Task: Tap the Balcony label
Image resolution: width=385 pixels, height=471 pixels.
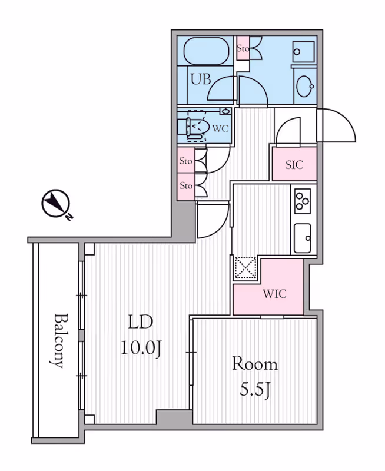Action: tap(57, 341)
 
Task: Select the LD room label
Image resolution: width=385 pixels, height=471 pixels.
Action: tap(141, 322)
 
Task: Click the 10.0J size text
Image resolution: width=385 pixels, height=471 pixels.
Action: tap(141, 349)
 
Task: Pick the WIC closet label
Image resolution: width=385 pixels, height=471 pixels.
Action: tap(274, 293)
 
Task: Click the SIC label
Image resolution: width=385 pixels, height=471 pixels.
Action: tap(294, 165)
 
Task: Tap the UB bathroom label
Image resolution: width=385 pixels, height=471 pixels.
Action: tap(201, 79)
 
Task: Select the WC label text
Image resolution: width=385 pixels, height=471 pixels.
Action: tap(220, 128)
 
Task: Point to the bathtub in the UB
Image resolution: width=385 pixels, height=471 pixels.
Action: tap(206, 51)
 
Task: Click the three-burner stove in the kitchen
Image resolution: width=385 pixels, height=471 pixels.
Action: tap(303, 201)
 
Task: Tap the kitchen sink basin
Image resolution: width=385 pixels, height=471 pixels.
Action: tap(303, 238)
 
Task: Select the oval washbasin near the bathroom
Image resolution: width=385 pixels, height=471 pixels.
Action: tap(305, 85)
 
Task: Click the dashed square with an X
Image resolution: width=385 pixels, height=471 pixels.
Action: tap(245, 268)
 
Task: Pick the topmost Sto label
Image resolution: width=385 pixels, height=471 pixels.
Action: tap(243, 48)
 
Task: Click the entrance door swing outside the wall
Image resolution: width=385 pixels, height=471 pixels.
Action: tap(336, 125)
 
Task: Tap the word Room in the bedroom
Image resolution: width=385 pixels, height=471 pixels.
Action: tap(255, 364)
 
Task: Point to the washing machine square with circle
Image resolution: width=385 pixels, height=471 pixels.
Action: tap(304, 52)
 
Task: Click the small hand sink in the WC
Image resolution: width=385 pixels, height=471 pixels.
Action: tap(225, 111)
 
